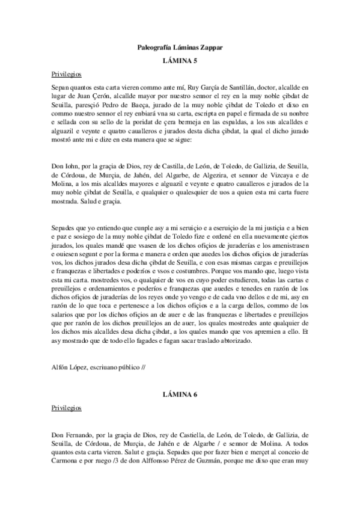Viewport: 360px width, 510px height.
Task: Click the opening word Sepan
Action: [x=61, y=87]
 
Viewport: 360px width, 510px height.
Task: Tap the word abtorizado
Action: [x=218, y=341]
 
